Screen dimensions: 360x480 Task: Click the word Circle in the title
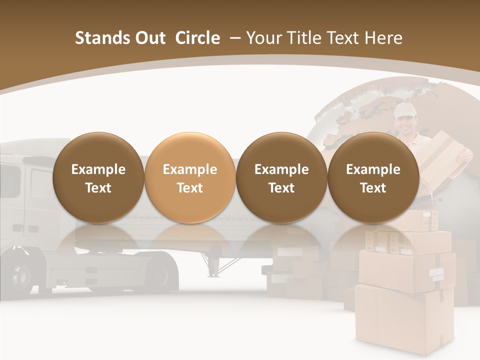(197, 38)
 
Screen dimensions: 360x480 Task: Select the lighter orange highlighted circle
(190, 178)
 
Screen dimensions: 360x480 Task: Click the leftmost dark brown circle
(98, 178)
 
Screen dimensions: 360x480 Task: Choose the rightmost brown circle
(373, 178)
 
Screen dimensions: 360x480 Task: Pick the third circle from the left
(281, 178)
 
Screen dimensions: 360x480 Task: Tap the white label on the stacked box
(436, 273)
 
